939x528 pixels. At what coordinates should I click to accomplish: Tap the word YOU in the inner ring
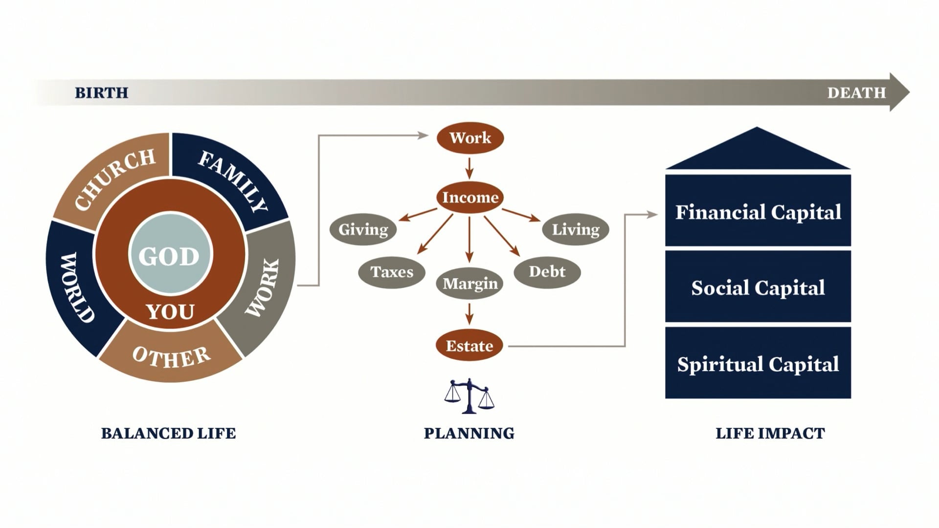[170, 311]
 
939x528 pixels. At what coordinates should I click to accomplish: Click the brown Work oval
[470, 137]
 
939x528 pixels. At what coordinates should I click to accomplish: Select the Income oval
[470, 197]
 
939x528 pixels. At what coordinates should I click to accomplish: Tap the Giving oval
[363, 229]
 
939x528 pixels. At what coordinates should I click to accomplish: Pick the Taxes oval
[392, 272]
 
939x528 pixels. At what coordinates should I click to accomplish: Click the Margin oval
[469, 284]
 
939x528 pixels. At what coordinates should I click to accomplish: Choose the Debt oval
[547, 272]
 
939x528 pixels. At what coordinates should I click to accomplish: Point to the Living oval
[576, 229]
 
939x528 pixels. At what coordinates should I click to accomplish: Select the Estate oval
[469, 346]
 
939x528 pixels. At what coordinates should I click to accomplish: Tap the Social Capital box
[758, 287]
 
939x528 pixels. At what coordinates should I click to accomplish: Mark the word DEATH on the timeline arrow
[856, 92]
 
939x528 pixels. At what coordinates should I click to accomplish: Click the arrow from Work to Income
[469, 168]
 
